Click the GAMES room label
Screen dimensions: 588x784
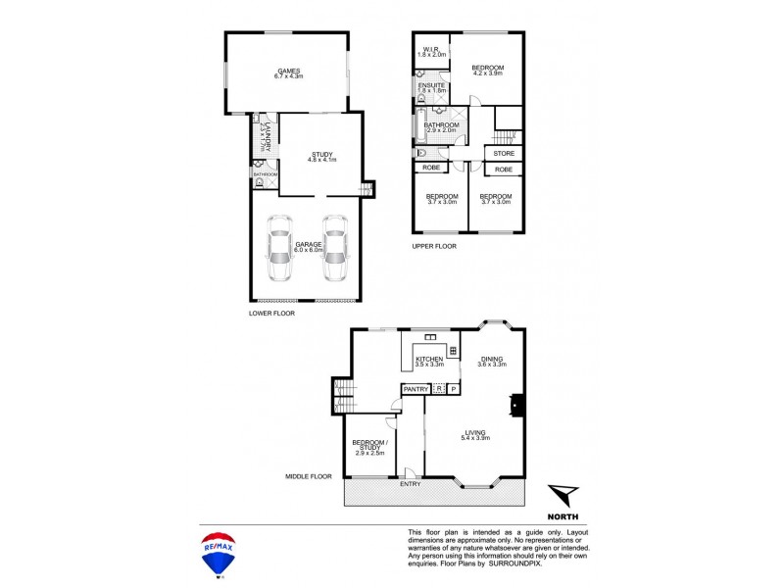click(288, 71)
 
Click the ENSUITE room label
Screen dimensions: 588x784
click(432, 86)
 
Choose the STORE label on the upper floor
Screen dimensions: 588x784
click(504, 154)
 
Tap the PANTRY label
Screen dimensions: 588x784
click(416, 389)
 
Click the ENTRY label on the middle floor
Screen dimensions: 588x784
click(410, 483)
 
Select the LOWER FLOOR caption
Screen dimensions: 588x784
click(271, 314)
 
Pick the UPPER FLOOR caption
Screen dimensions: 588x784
click(435, 247)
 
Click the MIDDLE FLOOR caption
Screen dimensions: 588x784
click(309, 477)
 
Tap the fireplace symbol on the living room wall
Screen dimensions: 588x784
click(515, 405)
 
